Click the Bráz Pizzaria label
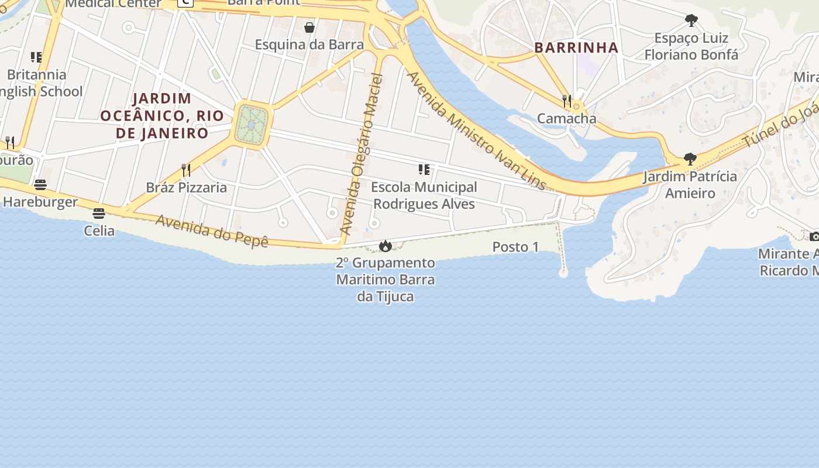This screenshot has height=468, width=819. (x=186, y=188)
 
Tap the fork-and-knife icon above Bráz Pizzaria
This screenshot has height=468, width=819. (x=186, y=170)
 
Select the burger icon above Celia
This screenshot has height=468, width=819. (x=98, y=214)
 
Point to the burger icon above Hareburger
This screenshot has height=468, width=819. (x=40, y=185)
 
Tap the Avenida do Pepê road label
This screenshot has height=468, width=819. (x=212, y=230)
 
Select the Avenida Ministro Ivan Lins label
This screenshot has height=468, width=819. (x=476, y=131)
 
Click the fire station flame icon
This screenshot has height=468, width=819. (x=385, y=246)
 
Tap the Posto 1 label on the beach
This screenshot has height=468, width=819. (x=515, y=247)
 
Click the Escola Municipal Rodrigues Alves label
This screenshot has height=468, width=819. (x=424, y=195)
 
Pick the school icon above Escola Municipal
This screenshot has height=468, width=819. (x=424, y=170)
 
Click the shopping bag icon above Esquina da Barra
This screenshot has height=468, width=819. (x=309, y=27)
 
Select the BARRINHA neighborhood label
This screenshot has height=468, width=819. (x=576, y=48)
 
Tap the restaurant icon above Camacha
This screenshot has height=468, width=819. (x=566, y=101)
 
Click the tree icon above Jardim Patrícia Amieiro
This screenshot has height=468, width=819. (x=690, y=159)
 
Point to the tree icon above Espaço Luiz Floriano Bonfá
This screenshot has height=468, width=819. (x=691, y=21)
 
